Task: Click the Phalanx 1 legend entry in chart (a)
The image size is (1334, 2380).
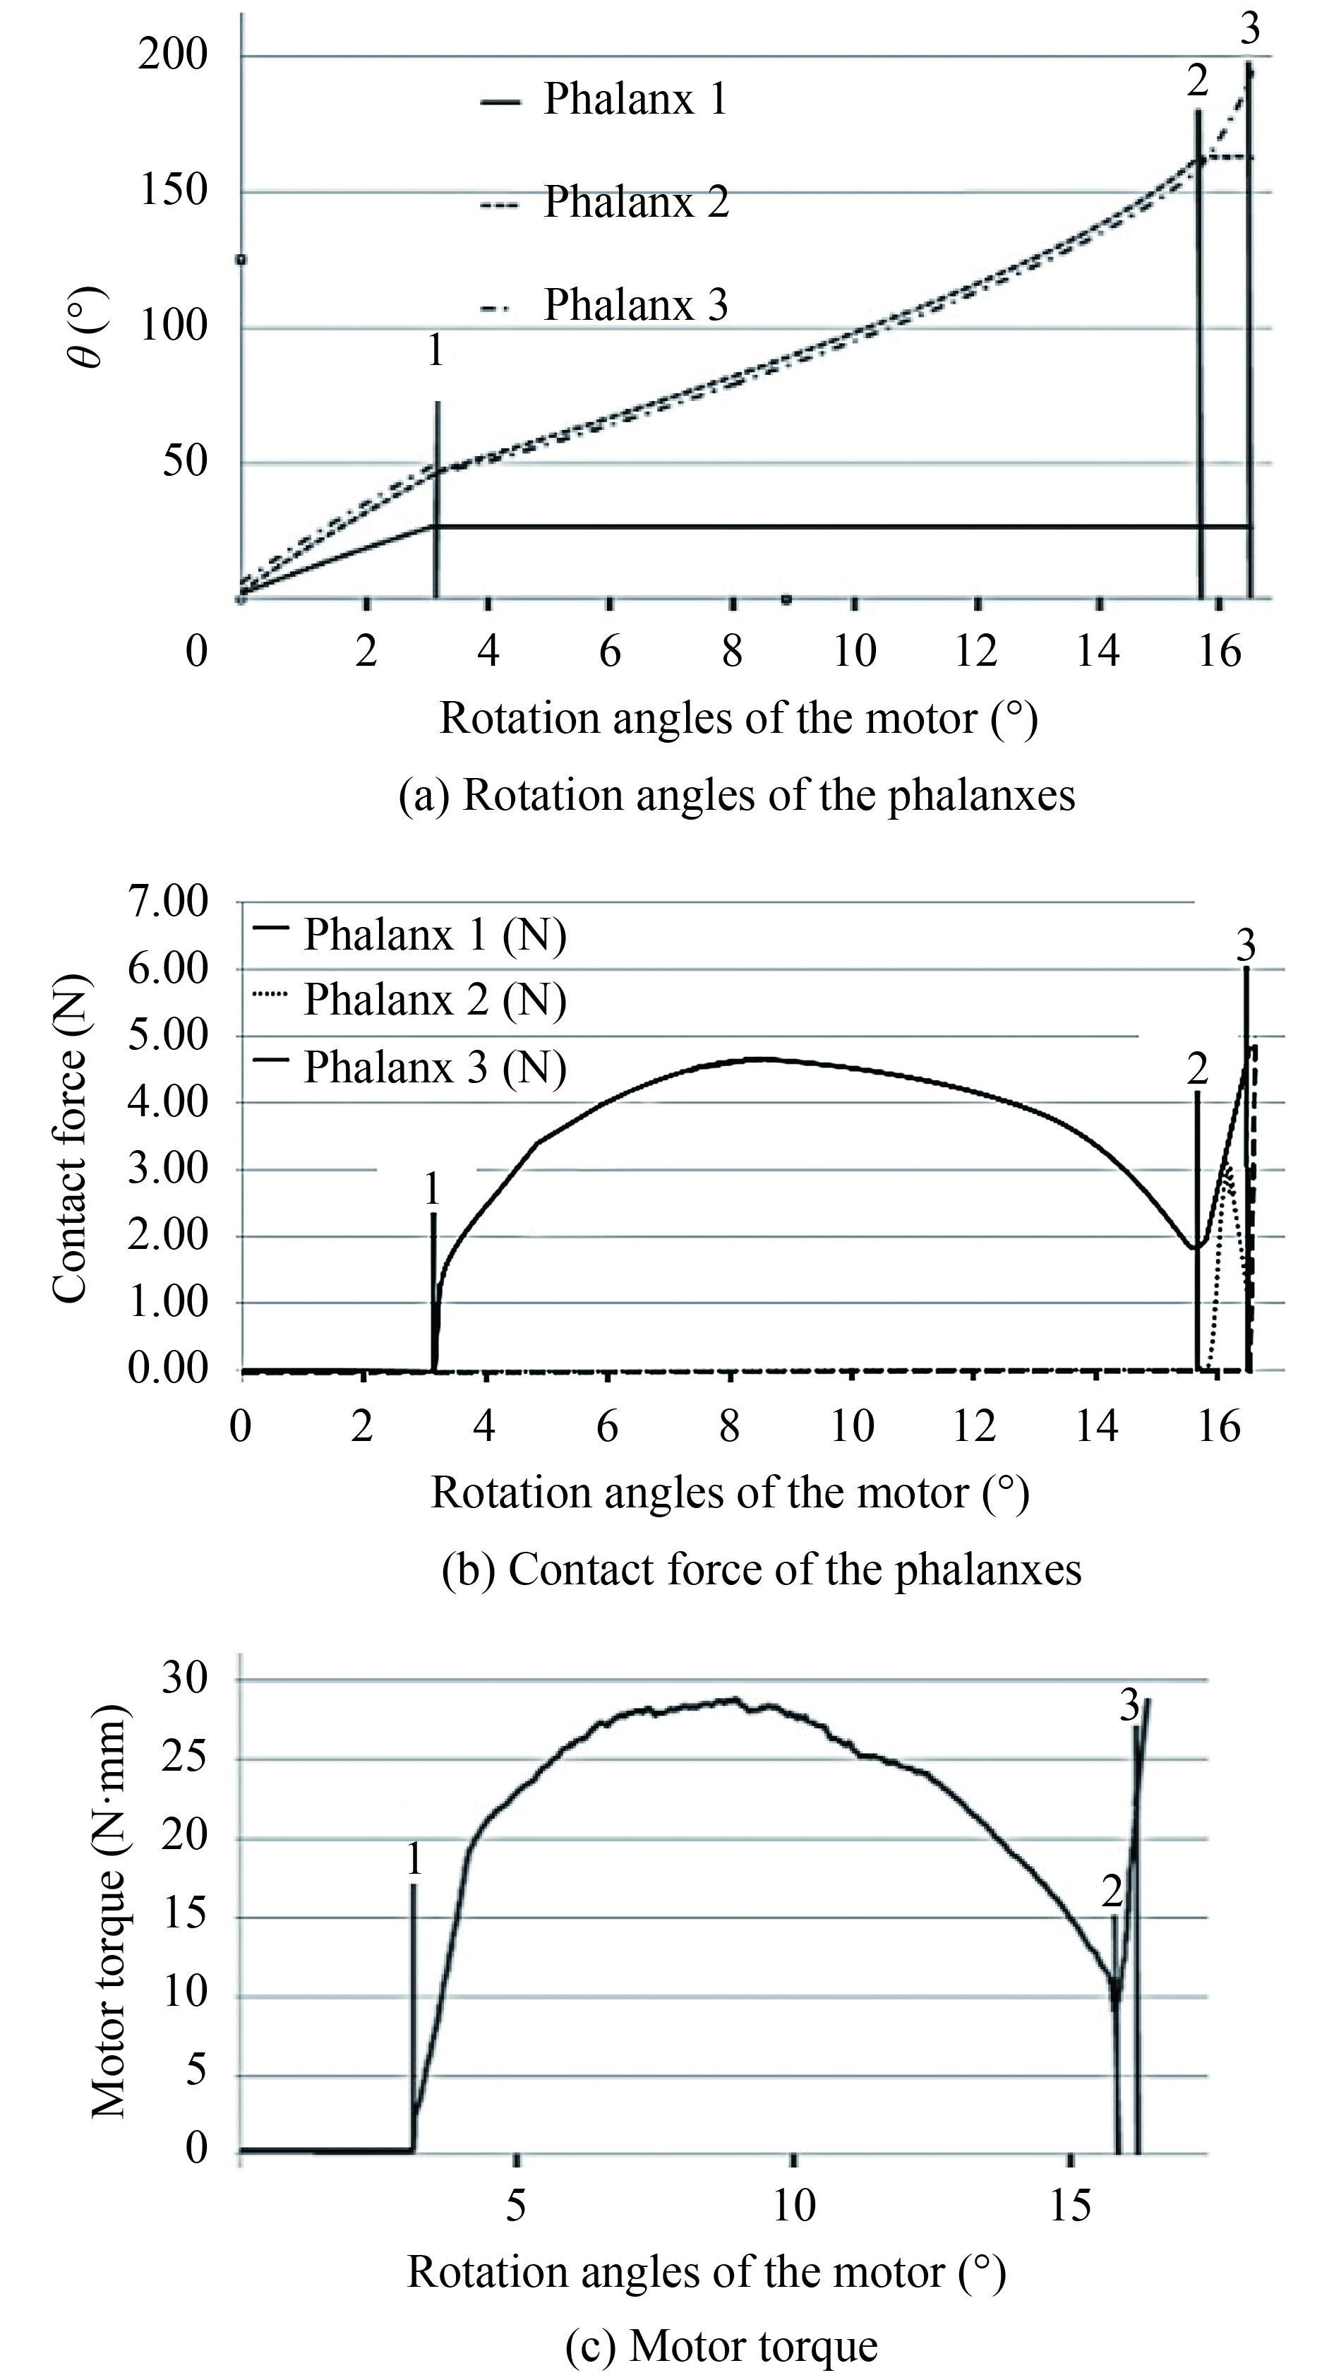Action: coord(635,99)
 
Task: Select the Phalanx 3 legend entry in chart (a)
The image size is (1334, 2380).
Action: coord(635,305)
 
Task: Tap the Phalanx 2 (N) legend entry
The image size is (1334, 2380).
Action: coord(434,1000)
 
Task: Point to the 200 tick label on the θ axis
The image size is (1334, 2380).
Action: coord(173,56)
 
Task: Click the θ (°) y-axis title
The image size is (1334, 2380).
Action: coord(90,328)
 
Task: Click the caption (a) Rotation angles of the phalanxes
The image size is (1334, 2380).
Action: coord(737,794)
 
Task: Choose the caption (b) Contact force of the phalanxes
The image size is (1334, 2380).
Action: coord(762,1569)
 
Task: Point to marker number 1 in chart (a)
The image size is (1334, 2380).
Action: coord(435,351)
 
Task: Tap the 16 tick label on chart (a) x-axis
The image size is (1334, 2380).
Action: coord(1220,652)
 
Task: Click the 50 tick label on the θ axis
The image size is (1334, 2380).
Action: coord(186,462)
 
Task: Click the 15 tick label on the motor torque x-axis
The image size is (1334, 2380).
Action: coord(1070,2204)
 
